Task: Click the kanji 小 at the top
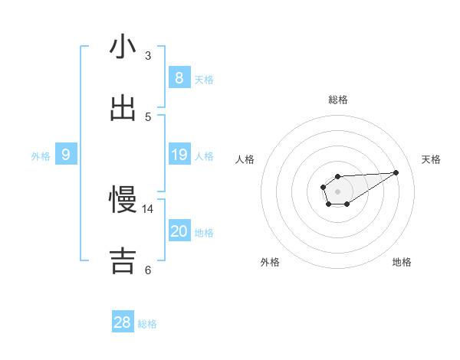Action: point(123,47)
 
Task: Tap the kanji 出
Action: point(123,108)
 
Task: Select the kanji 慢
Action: point(123,200)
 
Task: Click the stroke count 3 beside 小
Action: point(148,55)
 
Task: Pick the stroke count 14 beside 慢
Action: point(148,208)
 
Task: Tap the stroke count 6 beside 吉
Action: point(148,270)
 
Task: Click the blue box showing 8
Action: point(179,77)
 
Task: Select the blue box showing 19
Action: point(179,155)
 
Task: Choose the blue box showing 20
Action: point(179,231)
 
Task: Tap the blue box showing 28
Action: point(123,322)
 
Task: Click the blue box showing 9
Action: point(66,155)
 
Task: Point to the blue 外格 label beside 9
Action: point(41,156)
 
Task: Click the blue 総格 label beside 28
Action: point(147,324)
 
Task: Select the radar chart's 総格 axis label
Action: point(337,100)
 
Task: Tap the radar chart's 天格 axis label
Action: point(432,159)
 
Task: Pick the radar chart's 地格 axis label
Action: point(402,263)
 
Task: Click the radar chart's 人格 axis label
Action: point(245,159)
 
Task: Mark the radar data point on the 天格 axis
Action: point(396,172)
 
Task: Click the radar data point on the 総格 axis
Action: point(337,176)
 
